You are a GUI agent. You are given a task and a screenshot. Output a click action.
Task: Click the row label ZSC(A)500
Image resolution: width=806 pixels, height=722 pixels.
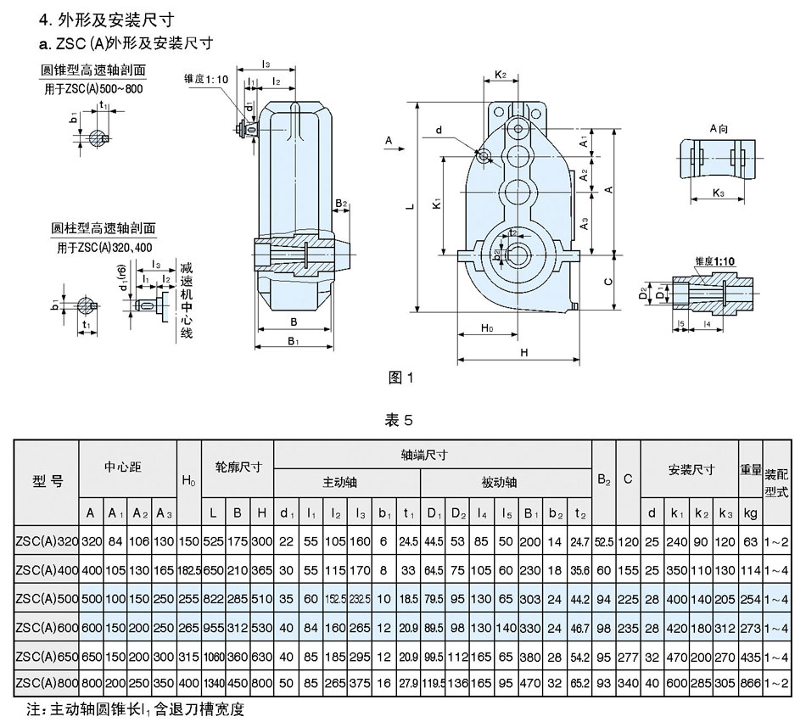click(x=47, y=598)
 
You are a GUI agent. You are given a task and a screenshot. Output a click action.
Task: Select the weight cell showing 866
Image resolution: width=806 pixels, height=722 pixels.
click(x=750, y=683)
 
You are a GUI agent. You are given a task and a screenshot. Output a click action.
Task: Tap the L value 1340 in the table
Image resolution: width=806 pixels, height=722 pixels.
click(x=213, y=683)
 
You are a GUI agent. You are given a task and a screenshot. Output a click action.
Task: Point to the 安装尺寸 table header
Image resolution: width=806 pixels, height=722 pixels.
click(x=691, y=467)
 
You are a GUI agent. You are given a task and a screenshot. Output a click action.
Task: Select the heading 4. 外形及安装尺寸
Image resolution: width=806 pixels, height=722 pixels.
click(x=112, y=18)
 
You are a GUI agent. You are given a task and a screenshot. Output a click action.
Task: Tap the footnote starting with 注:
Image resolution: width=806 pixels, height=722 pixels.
click(x=135, y=706)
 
